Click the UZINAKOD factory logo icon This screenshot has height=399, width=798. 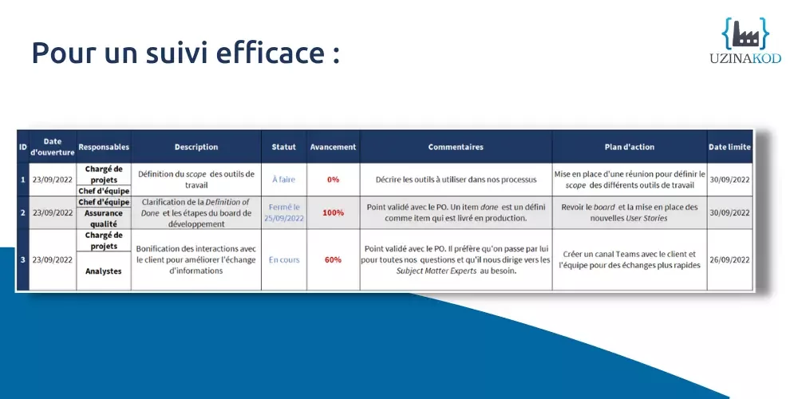point(745,34)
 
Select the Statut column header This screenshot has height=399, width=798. point(283,147)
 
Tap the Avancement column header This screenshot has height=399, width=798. point(333,147)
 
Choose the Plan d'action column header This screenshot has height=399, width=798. point(629,147)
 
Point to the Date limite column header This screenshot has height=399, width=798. point(729,147)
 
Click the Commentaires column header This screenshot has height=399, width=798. point(455,147)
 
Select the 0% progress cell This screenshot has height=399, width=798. point(333,180)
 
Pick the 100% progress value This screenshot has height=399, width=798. point(333,213)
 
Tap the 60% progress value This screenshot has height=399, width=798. point(333,259)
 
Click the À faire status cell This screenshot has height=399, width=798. point(283,180)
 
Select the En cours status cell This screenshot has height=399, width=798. point(283,259)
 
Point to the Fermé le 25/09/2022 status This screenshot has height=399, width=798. point(283,213)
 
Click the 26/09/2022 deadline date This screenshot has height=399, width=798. point(729,259)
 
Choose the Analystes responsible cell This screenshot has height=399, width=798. point(103,271)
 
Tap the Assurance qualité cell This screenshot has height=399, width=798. point(103,219)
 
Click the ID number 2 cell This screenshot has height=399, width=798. point(22,213)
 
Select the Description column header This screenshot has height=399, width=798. point(196,147)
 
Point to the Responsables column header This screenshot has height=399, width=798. point(104,147)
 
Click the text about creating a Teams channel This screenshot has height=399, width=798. point(629,259)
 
